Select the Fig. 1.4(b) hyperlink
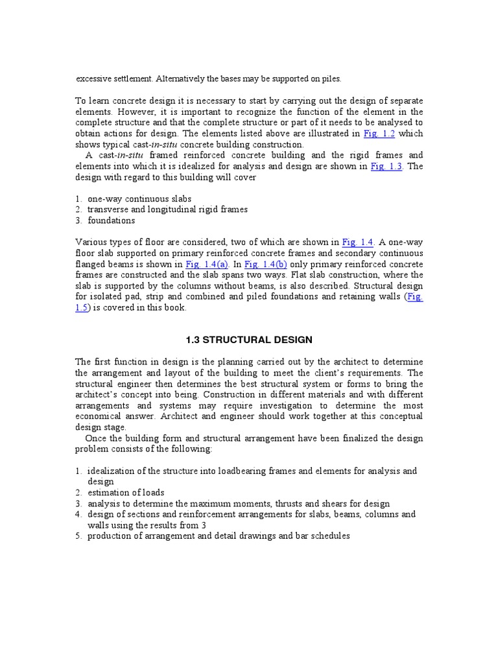click(x=266, y=264)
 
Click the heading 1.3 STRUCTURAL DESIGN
click(x=249, y=340)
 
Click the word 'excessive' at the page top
click(x=94, y=79)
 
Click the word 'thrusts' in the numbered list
click(x=296, y=504)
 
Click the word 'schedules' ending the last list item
click(x=329, y=536)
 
